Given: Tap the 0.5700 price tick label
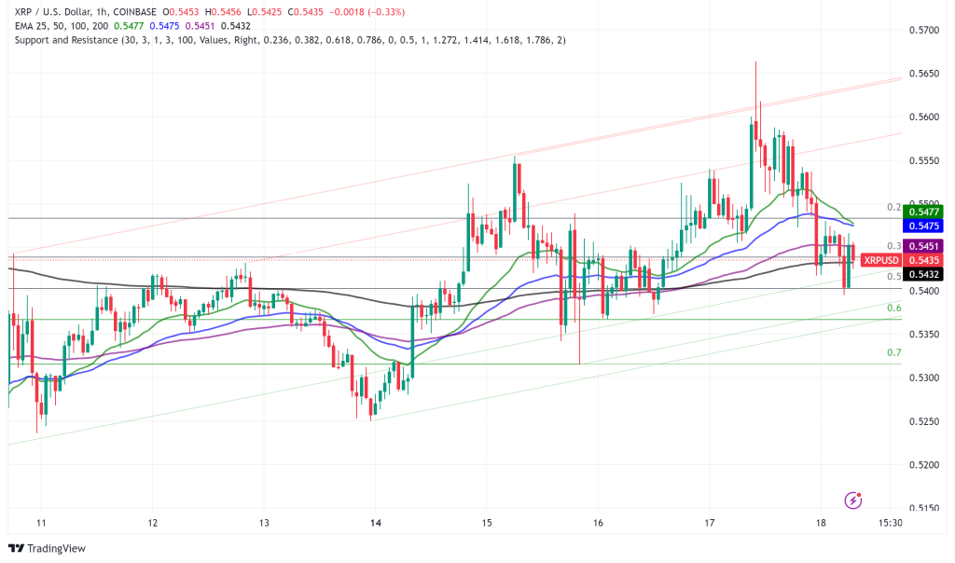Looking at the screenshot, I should pos(923,30).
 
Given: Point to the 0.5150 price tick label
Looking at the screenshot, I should pos(923,508).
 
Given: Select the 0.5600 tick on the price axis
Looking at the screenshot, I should pos(923,117).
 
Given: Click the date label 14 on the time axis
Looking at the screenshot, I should pos(374,523).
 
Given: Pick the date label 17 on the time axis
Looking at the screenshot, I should pos(710,523).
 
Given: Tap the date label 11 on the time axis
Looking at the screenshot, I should pos(40,523).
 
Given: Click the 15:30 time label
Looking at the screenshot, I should pos(891,523).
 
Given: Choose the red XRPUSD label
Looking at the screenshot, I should pos(880,260).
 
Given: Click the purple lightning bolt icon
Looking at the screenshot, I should pos(852,501).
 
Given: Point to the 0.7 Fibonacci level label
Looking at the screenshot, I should pos(893,353).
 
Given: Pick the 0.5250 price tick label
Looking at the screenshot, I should pos(923,421).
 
